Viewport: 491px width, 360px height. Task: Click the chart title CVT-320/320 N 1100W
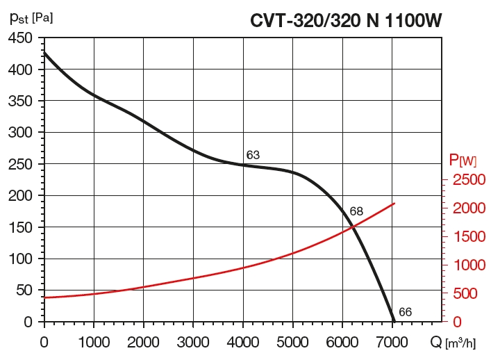point(346,20)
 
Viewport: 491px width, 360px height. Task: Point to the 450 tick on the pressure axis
point(20,38)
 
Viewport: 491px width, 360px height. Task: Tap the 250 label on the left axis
point(20,164)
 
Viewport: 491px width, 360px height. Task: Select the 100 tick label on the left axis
point(20,259)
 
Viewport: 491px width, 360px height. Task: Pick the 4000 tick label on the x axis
point(243,341)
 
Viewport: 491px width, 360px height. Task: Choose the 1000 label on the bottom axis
point(94,341)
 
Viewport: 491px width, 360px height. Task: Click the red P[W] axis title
point(463,161)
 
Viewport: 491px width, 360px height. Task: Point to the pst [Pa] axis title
point(31,17)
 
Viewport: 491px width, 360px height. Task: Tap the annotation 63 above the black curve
point(253,155)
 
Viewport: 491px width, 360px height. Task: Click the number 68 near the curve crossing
point(356,211)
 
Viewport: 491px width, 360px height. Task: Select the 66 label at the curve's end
point(406,312)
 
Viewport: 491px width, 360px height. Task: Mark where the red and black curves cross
point(353,226)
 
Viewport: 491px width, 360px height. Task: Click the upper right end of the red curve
point(394,204)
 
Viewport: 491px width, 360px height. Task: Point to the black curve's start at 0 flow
point(44,52)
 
